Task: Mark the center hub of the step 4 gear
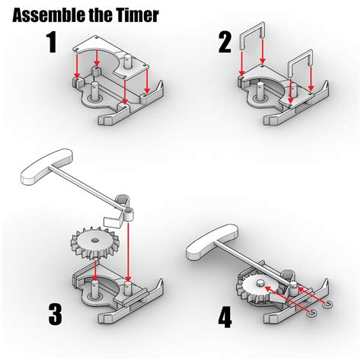(258, 285)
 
